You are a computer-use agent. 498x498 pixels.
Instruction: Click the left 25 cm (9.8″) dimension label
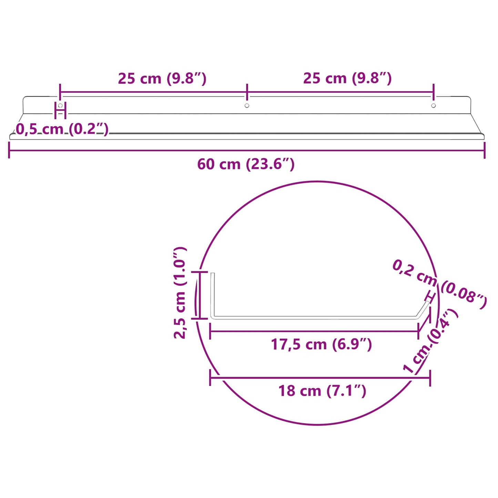[162, 79]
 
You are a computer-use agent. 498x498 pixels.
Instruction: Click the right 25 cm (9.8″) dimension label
[347, 78]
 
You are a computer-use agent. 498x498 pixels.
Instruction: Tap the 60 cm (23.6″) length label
[246, 164]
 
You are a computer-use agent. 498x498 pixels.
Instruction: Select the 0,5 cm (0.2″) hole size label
[62, 129]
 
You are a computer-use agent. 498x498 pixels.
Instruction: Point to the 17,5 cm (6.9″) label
[321, 344]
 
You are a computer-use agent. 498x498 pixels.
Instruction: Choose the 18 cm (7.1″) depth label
[322, 391]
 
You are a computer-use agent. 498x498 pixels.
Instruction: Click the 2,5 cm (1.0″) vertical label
[180, 293]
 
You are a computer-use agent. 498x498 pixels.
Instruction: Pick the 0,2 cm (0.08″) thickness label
[439, 285]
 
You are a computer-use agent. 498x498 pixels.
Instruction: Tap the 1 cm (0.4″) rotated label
[431, 341]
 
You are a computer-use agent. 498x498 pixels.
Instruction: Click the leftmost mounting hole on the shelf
[60, 105]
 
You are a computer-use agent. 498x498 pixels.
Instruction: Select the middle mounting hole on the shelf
[247, 105]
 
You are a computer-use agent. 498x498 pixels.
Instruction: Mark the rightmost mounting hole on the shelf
[434, 105]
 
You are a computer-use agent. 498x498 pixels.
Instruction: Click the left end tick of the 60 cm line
[9, 151]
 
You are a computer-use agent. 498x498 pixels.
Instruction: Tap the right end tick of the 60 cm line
[485, 151]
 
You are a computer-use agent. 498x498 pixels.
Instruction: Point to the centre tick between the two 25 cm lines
[247, 92]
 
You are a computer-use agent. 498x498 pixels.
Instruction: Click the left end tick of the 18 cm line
[210, 378]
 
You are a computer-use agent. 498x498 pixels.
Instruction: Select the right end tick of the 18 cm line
[430, 378]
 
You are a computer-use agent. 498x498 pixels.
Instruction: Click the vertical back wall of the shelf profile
[213, 295]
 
